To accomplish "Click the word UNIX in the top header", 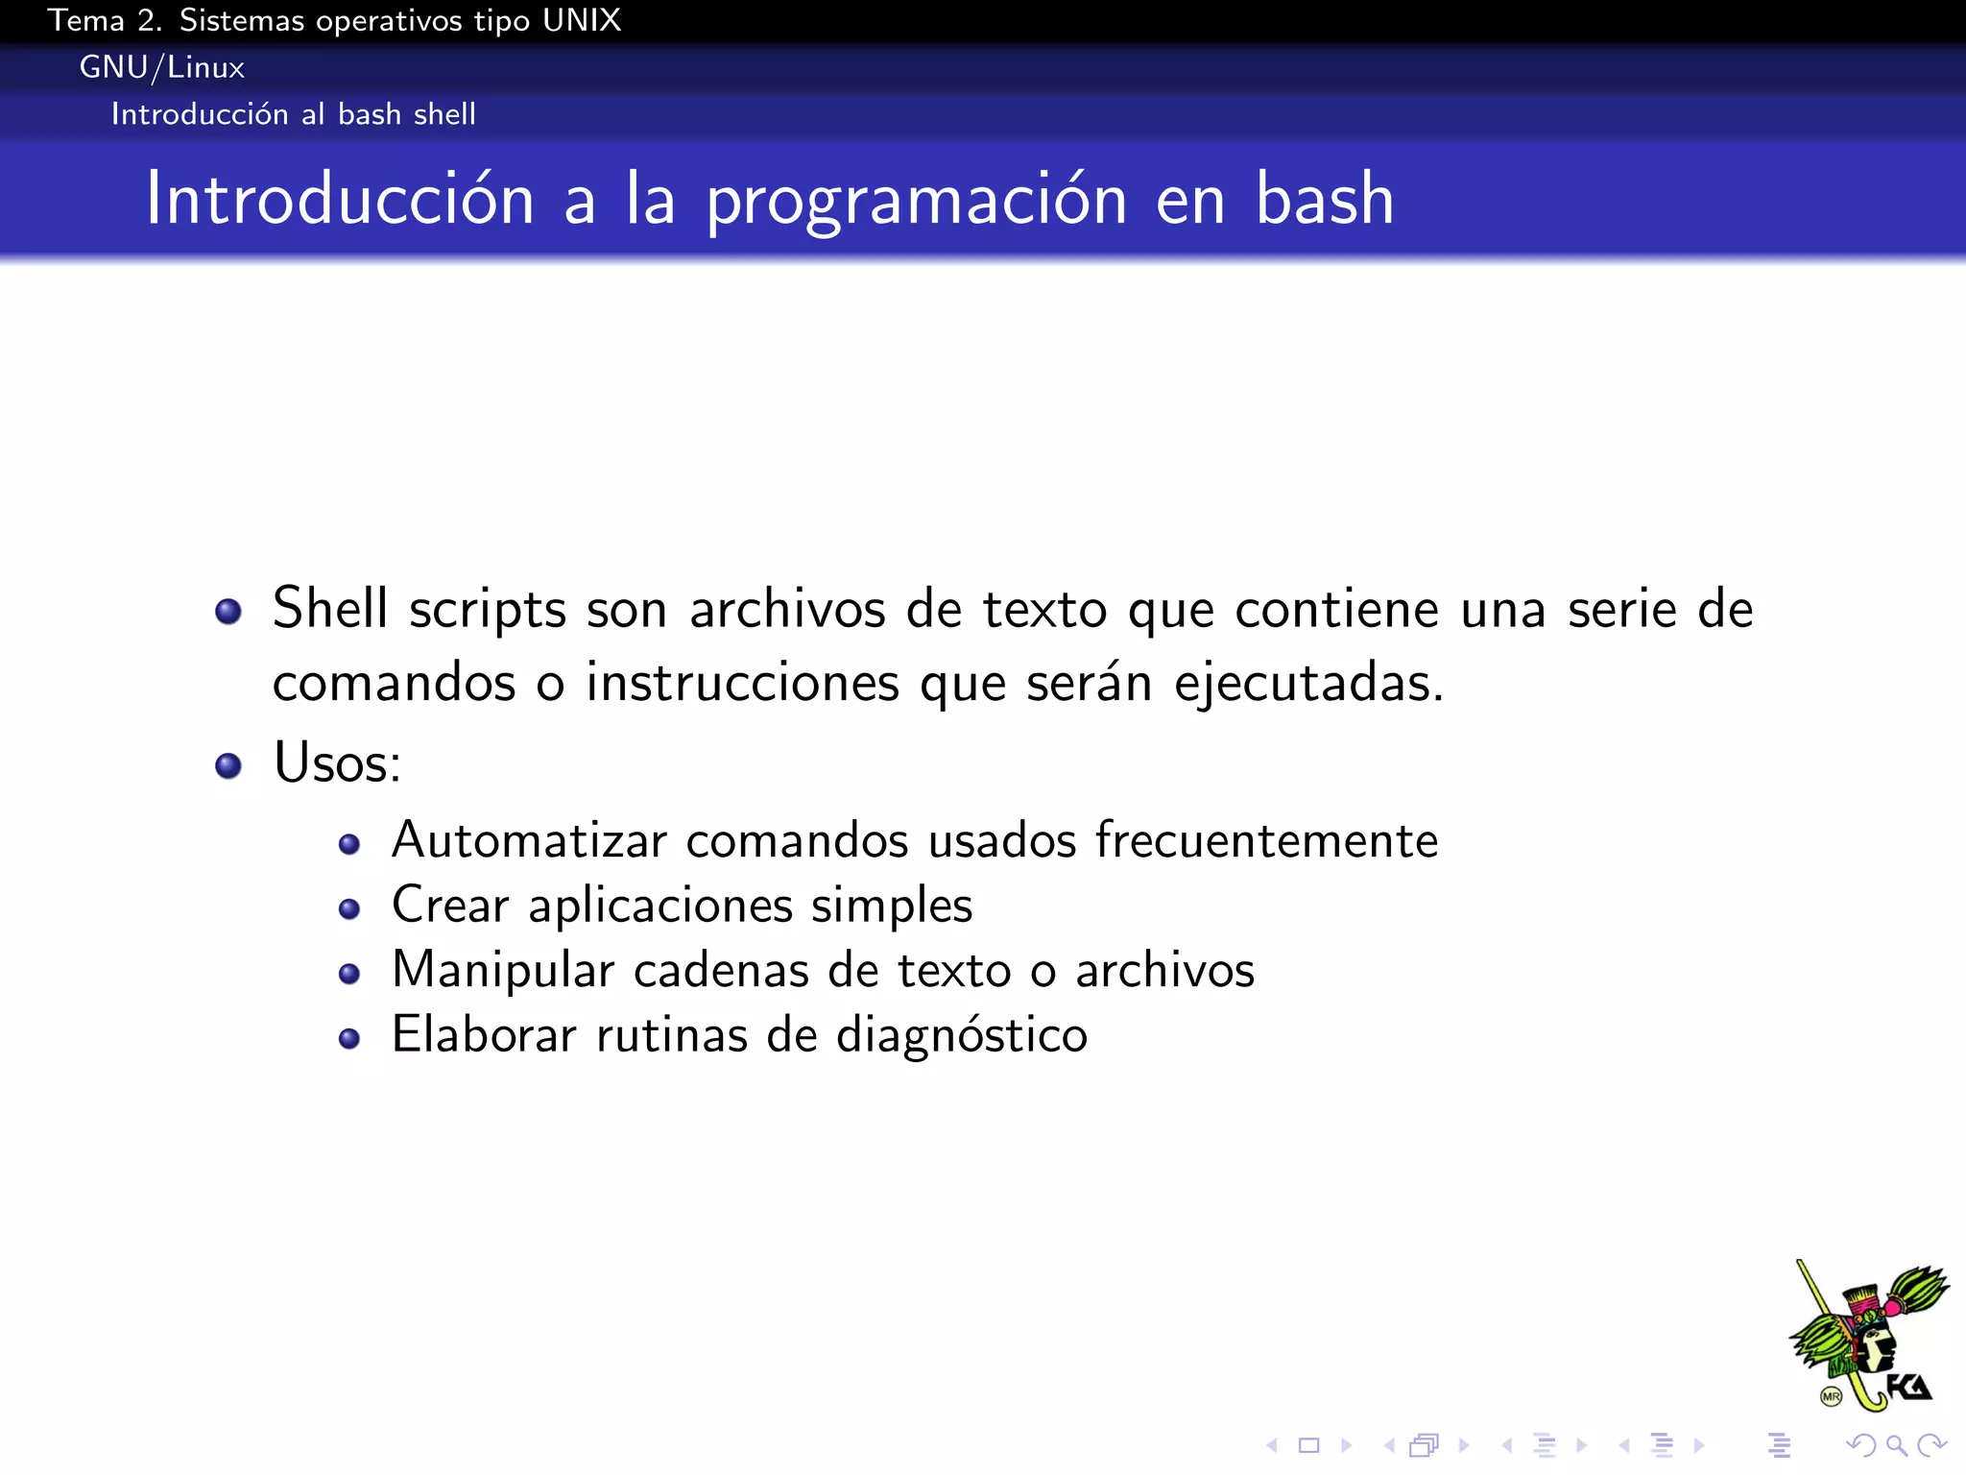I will click(582, 20).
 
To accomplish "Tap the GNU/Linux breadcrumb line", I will click(161, 67).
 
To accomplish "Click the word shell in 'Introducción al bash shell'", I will click(444, 114).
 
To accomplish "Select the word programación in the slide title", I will click(916, 200).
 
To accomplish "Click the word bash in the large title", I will click(1325, 199).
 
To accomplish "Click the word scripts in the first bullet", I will click(488, 611).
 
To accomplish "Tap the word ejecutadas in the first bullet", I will click(1307, 684).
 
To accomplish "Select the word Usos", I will click(336, 763).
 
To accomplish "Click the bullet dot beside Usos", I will click(228, 765).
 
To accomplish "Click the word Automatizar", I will click(529, 840).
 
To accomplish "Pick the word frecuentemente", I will click(1266, 840).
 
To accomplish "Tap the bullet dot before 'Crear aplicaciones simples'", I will click(349, 908).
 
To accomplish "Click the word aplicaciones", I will click(660, 906).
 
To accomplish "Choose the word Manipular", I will click(503, 970).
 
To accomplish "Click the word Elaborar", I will click(484, 1035).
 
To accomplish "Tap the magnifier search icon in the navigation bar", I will click(1896, 1445).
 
